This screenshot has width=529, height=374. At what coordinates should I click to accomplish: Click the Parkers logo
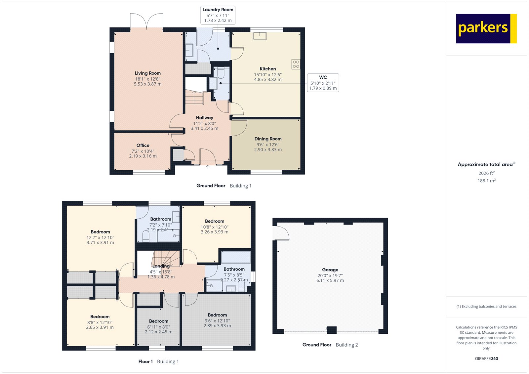[x=486, y=28]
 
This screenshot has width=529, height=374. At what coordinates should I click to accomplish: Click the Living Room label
[x=148, y=73]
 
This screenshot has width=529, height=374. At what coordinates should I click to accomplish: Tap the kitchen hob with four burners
[x=296, y=64]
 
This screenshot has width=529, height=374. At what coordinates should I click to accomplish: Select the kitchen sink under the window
[x=260, y=36]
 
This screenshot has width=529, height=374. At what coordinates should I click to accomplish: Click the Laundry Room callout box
[x=218, y=15]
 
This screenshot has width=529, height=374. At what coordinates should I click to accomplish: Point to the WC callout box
[x=323, y=83]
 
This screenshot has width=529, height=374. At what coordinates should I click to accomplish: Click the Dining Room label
[x=268, y=139]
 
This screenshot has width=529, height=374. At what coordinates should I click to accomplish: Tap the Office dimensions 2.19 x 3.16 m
[x=143, y=156]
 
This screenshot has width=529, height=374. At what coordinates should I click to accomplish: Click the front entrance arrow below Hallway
[x=208, y=167]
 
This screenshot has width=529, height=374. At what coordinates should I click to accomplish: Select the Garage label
[x=330, y=270]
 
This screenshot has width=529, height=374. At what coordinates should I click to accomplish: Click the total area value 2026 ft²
[x=486, y=173]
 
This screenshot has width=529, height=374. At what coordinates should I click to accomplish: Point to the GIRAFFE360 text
[x=486, y=358]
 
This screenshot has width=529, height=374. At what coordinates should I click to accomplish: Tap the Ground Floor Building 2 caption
[x=330, y=345]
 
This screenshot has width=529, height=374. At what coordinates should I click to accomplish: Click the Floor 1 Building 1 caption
[x=158, y=361]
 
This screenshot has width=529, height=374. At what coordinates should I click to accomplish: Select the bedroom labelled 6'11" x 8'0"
[x=159, y=326]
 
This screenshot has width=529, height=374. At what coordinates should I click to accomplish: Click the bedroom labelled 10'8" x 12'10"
[x=215, y=227]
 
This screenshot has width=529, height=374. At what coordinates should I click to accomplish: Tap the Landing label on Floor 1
[x=161, y=266]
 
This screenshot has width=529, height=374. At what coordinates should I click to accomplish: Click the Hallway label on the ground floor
[x=204, y=118]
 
